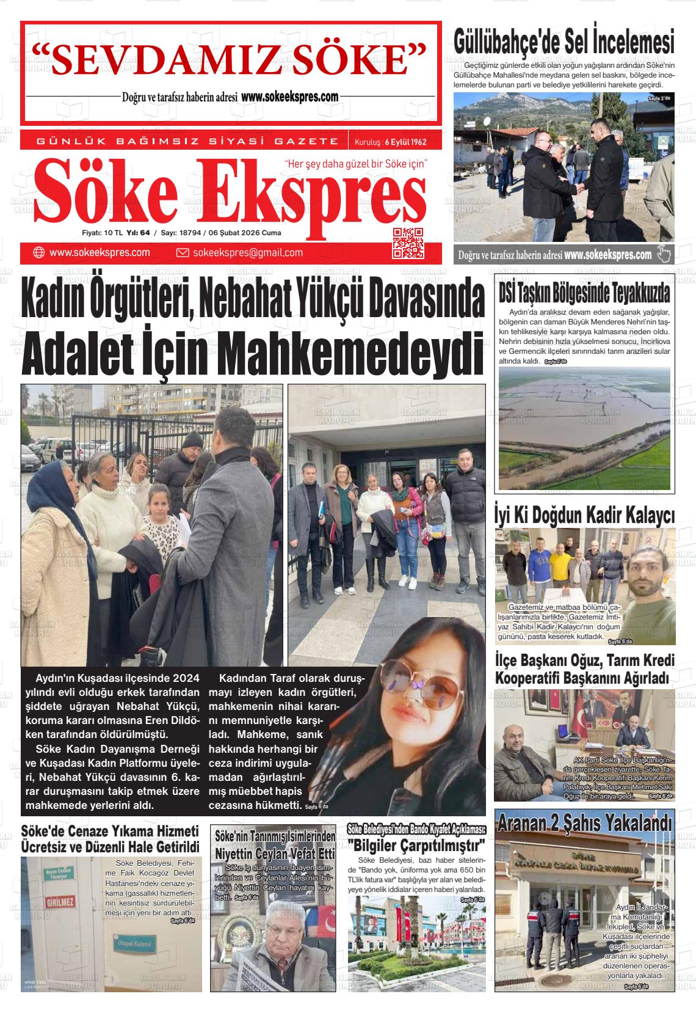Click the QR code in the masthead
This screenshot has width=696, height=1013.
point(407,242)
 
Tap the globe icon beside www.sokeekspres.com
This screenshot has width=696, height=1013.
point(38,253)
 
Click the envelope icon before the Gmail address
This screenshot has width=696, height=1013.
point(182,253)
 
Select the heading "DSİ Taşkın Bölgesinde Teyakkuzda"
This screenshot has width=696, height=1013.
point(584,293)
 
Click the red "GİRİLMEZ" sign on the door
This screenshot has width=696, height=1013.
point(60,901)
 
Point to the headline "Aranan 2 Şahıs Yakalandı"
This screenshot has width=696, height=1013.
point(584,822)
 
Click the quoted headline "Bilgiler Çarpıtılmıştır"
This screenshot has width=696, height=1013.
point(416,846)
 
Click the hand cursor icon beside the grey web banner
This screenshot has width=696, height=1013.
point(664,254)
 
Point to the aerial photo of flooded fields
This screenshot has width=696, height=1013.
point(584,428)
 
